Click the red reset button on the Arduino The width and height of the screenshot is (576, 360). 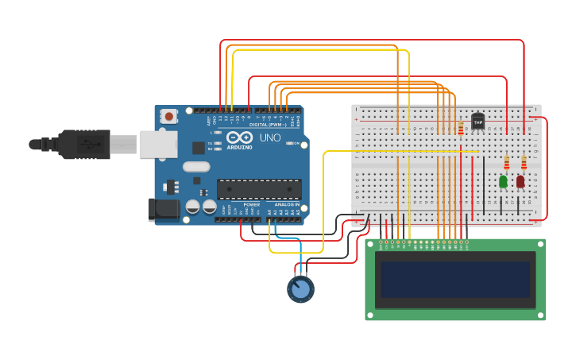point(168,116)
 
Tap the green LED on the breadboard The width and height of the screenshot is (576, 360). point(503,181)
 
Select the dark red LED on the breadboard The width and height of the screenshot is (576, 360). point(520,181)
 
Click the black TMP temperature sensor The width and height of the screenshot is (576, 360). point(477,121)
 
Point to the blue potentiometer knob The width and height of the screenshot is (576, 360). point(300,289)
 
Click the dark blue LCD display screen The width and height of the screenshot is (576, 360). point(454,279)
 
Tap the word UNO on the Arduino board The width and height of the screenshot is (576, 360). point(270,137)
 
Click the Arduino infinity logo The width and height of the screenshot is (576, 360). point(239,137)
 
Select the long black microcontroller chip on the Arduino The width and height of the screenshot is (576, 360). point(259,189)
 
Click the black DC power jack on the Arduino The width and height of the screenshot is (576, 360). point(164,209)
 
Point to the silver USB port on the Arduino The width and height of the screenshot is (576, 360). point(158,144)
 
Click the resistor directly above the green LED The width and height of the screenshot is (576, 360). point(506,162)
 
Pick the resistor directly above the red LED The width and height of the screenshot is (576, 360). point(524,162)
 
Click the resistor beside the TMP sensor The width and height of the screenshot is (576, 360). point(461,128)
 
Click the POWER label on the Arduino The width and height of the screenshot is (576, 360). point(251,205)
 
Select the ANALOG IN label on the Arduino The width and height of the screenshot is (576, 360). point(287,205)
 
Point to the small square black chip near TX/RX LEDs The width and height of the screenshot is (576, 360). point(199,147)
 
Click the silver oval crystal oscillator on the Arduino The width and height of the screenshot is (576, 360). point(195,167)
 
